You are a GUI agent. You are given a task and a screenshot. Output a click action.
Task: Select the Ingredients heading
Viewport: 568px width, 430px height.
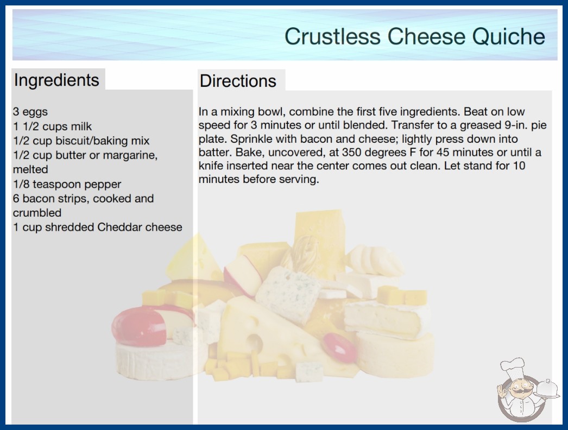(x=56, y=80)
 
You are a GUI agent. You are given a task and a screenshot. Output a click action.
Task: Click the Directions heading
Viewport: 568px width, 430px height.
(x=238, y=81)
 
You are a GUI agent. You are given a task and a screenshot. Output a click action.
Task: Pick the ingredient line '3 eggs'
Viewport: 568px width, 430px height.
(x=30, y=112)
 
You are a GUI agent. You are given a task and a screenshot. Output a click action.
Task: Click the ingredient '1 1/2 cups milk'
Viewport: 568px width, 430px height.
(x=53, y=127)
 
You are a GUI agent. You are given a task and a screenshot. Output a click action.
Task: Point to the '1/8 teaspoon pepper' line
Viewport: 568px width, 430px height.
(x=67, y=184)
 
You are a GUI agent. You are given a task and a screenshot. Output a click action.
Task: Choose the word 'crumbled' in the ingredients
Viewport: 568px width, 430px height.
(x=37, y=213)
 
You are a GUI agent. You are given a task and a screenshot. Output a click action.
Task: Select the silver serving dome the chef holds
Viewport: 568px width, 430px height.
(x=548, y=389)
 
